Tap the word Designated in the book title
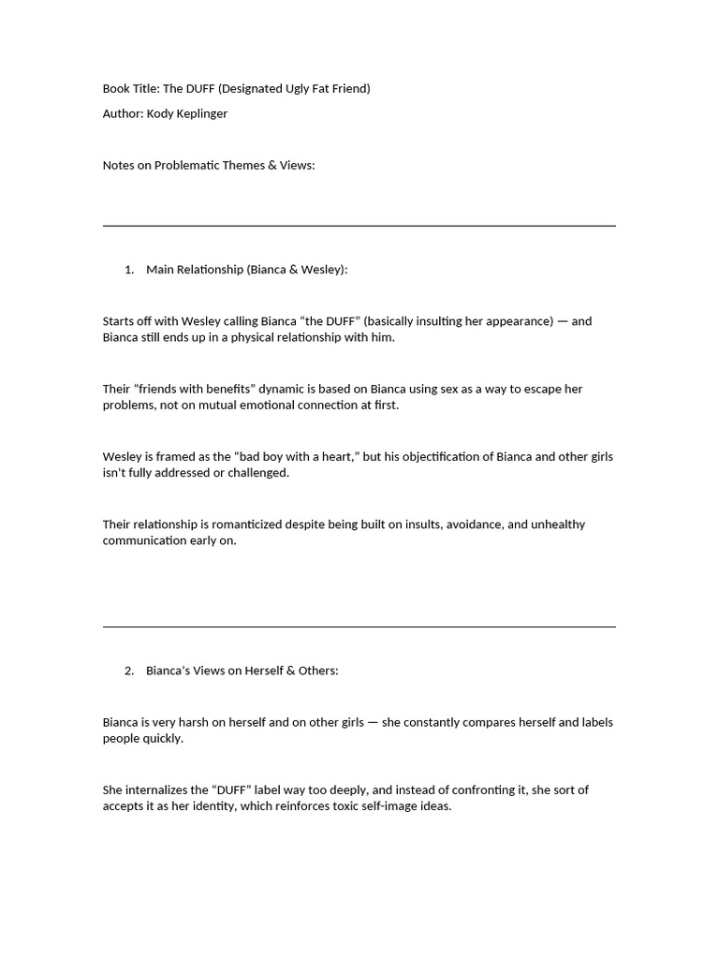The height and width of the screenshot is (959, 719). pos(253,88)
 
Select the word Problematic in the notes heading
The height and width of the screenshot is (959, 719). pos(190,165)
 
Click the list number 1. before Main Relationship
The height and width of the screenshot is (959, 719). pos(129,270)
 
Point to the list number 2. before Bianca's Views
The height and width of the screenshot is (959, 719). pos(129,671)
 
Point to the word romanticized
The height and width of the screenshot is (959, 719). pos(243,524)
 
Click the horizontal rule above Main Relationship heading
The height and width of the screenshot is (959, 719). pos(359,226)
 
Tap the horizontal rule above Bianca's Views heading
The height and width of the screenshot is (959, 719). pos(359,627)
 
